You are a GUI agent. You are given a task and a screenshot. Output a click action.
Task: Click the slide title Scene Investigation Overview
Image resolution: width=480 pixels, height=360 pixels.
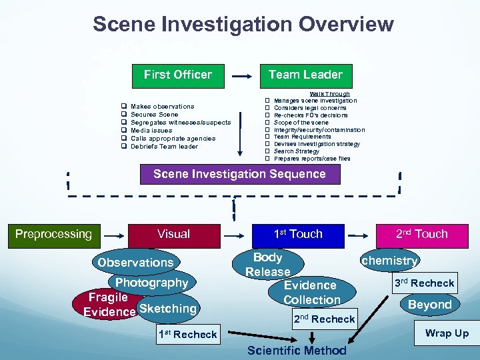(x=243, y=25)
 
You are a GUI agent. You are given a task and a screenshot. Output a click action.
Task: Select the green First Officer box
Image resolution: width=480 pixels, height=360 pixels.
(x=178, y=75)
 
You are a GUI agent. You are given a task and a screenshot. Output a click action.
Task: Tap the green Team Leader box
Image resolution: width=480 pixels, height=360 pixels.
(x=305, y=75)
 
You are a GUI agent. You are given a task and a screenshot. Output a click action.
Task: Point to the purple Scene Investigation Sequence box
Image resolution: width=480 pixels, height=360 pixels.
(x=239, y=174)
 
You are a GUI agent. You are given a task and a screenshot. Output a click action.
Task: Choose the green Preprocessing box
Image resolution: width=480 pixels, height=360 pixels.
(x=53, y=234)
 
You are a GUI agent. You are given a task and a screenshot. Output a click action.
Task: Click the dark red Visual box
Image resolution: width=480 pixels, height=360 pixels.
(x=173, y=234)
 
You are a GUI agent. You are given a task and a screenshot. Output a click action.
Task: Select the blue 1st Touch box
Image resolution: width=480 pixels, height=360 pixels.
(x=298, y=234)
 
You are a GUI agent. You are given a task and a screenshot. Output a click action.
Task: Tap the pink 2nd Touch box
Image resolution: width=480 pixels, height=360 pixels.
(x=421, y=234)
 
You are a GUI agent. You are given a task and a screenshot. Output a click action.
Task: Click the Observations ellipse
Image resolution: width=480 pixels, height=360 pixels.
(x=135, y=262)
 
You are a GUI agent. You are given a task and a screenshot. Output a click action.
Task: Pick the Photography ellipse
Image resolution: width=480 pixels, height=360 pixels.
(x=153, y=283)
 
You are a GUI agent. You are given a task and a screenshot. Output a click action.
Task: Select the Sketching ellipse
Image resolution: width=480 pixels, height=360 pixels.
(x=168, y=308)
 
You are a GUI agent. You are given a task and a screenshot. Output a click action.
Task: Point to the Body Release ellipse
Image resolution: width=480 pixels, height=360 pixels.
(x=267, y=265)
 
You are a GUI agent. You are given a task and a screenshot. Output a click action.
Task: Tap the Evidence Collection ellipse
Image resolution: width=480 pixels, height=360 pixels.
(x=311, y=292)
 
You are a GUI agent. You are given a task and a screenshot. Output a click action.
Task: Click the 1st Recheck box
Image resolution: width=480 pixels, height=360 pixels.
(x=187, y=334)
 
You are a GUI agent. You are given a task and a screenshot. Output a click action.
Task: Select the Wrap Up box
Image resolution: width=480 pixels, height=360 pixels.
(x=447, y=333)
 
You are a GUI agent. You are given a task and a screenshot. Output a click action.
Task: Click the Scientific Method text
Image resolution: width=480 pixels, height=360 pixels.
(x=297, y=351)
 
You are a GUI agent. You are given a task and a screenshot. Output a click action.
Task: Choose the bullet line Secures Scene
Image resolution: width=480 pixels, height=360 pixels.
(x=155, y=115)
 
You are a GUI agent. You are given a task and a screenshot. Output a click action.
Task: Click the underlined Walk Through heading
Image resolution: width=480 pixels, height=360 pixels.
(x=329, y=94)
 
